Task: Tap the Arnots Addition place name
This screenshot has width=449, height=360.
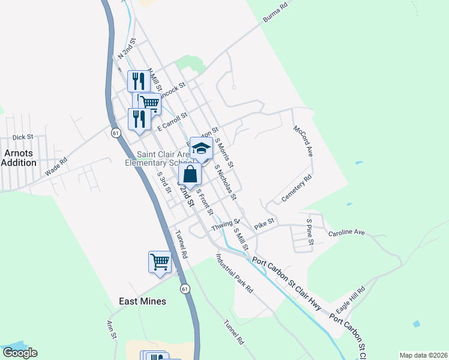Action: pyautogui.click(x=19, y=158)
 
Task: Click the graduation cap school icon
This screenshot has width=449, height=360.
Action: pyautogui.click(x=202, y=149)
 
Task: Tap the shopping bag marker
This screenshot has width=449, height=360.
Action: pyautogui.click(x=190, y=175)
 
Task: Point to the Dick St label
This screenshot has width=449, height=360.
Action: pyautogui.click(x=22, y=137)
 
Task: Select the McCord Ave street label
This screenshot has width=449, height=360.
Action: pyautogui.click(x=303, y=142)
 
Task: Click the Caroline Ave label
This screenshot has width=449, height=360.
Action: pyautogui.click(x=346, y=232)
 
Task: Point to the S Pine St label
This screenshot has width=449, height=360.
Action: pyautogui.click(x=310, y=230)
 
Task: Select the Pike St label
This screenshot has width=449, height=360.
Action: pyautogui.click(x=264, y=224)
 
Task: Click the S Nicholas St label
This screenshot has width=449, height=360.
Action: pyautogui.click(x=226, y=184)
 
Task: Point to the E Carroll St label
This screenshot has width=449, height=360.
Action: pyautogui.click(x=172, y=121)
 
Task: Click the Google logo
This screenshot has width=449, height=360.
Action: pyautogui.click(x=20, y=353)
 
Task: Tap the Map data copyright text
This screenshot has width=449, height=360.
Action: pyautogui.click(x=423, y=355)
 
